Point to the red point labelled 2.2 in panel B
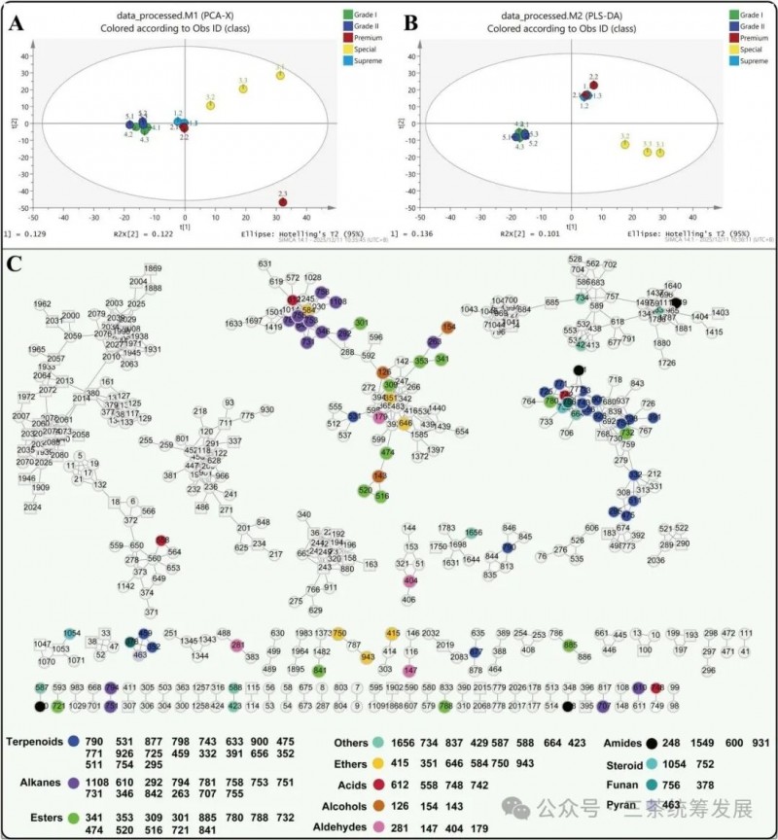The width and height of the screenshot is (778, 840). click(593, 86)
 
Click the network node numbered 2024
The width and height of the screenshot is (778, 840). click(32, 507)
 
